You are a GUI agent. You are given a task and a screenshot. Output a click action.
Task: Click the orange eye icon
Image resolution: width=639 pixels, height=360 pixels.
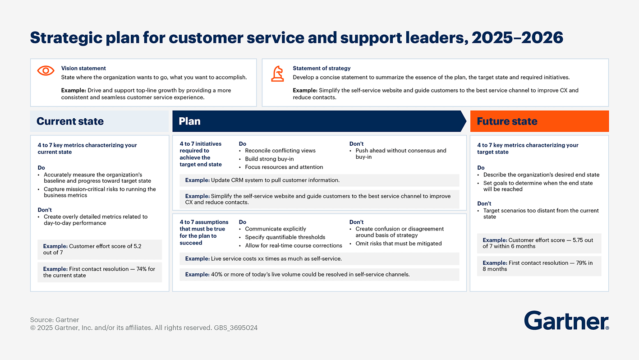click(46, 70)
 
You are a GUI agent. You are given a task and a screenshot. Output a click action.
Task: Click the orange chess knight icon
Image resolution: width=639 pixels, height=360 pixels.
click(277, 74)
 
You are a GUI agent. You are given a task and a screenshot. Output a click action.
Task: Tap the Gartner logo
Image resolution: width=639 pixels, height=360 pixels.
click(566, 321)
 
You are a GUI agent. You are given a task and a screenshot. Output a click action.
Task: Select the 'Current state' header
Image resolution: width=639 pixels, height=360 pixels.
click(70, 121)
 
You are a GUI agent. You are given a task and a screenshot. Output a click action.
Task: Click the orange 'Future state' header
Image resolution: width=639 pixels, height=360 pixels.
click(507, 121)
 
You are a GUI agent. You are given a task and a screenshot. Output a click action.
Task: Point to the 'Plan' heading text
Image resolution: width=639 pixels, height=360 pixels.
click(189, 121)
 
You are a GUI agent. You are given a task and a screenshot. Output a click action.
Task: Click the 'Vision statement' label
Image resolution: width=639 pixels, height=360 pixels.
click(83, 68)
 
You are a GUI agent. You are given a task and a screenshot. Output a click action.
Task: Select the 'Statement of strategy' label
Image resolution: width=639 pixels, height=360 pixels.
click(322, 68)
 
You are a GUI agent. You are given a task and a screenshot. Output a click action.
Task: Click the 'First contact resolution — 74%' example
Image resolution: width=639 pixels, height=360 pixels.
click(99, 272)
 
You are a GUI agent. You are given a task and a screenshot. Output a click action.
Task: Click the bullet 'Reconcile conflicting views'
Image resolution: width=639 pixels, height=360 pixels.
click(280, 151)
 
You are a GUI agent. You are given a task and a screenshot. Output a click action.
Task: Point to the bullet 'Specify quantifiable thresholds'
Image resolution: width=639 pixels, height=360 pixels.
click(285, 237)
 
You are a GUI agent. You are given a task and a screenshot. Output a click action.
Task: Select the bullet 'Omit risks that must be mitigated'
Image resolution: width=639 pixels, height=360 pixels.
click(398, 244)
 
